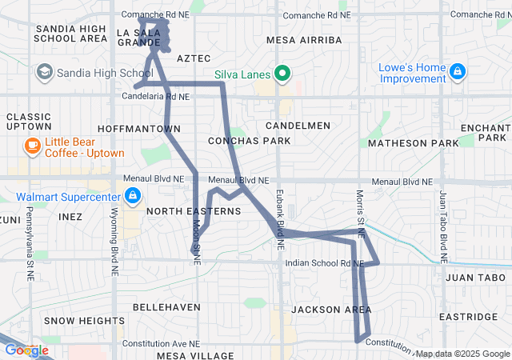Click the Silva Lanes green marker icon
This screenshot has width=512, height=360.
pos(282,75)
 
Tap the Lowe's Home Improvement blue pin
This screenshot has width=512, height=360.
pos(457,72)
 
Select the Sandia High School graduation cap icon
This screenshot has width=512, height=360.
pos(44,73)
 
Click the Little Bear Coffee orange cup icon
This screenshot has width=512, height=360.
pos(31,146)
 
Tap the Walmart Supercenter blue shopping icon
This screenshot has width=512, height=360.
pos(132,195)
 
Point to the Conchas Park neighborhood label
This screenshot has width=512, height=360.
pos(248,141)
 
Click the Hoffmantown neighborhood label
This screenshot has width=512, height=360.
pos(138,129)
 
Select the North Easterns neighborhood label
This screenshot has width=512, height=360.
pos(194,211)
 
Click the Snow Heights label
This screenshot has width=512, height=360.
pos(85,320)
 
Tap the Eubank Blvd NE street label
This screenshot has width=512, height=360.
pos(281,221)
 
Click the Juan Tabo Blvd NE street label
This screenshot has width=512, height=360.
pos(442,228)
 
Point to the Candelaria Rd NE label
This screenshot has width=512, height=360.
pos(156,96)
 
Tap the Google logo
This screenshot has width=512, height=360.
pos(26,350)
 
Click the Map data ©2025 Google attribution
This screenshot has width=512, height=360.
pos(462,354)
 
